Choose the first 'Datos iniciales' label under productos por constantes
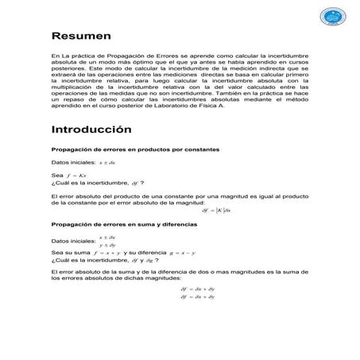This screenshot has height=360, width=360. [x=72, y=162]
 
